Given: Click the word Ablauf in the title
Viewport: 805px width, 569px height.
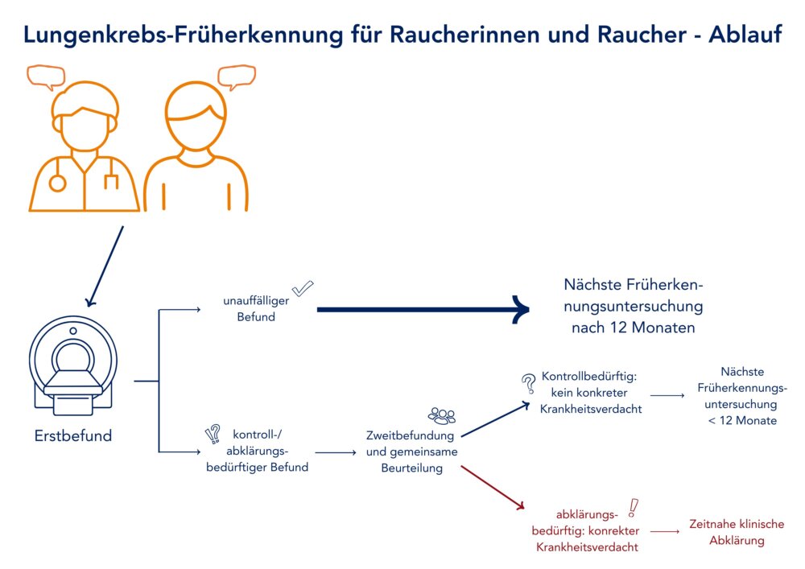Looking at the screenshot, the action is click(x=745, y=35).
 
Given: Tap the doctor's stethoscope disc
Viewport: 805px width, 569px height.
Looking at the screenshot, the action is click(x=57, y=183).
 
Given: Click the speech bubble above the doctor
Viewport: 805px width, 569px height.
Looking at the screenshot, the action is click(x=46, y=77).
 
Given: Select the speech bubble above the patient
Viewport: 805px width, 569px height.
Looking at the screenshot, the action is click(x=237, y=77).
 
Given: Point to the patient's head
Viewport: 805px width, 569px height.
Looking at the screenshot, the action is click(x=196, y=116).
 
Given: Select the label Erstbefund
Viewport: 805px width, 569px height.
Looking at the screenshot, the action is click(x=73, y=435).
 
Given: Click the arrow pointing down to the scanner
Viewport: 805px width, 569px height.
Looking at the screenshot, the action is click(x=105, y=266).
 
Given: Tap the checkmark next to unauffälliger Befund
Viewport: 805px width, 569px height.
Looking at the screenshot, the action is click(x=303, y=288).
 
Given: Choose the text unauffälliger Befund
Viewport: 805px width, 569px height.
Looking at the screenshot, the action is click(x=256, y=309).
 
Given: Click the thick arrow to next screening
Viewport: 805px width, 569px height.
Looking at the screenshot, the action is click(x=423, y=309).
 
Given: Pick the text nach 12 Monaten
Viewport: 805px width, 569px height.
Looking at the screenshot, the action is click(x=633, y=328).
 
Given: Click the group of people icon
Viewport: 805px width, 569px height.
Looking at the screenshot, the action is click(x=442, y=415).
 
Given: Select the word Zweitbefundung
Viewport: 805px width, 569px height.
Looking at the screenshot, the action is click(x=410, y=435).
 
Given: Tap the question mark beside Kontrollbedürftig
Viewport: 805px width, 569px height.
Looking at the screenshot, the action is click(x=528, y=383).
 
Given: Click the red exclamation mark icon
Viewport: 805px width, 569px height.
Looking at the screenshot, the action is click(x=633, y=508).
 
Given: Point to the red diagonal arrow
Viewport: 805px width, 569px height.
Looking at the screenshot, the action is click(x=493, y=488).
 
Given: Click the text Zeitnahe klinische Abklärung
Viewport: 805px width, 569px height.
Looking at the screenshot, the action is click(x=737, y=532).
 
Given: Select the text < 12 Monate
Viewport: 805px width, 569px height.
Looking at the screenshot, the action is click(x=742, y=421).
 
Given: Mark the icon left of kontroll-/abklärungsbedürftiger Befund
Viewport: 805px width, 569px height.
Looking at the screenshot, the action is click(x=213, y=434).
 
